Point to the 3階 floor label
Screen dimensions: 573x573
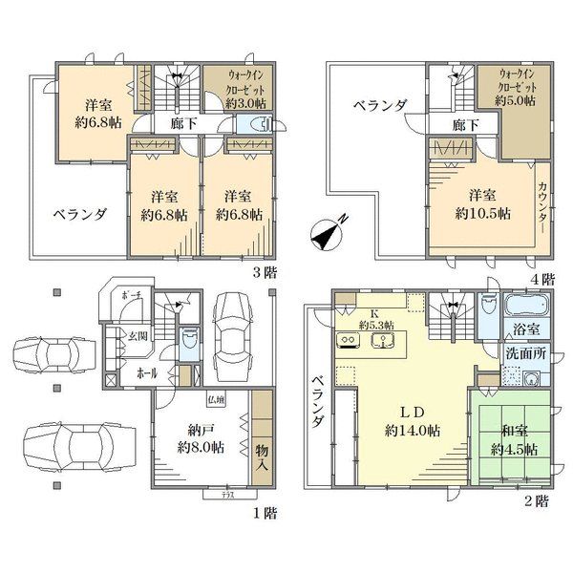point(265,272)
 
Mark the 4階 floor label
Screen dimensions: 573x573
point(541,279)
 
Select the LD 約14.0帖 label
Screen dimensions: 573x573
point(413,421)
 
